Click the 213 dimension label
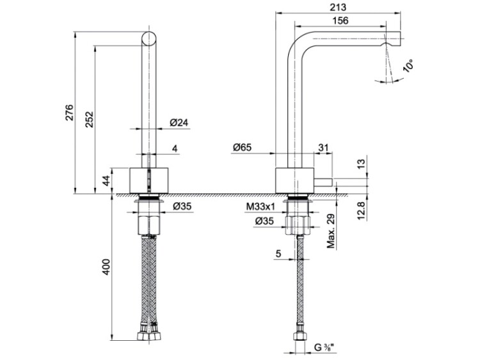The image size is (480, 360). (338, 7)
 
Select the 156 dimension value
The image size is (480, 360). (340, 20)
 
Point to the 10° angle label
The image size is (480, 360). (408, 65)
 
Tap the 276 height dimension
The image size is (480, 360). (70, 113)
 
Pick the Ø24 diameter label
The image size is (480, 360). (179, 123)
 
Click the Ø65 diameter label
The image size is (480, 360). (242, 148)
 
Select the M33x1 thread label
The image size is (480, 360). (260, 207)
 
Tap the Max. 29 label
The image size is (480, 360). (331, 231)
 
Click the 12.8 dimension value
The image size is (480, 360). (362, 210)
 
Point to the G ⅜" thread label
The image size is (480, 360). (324, 347)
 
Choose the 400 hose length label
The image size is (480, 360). (106, 267)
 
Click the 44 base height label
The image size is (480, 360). (106, 180)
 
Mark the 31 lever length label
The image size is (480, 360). (324, 148)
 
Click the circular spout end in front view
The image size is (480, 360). (149, 38)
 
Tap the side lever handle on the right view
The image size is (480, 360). (323, 182)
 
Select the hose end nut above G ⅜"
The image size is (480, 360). (299, 336)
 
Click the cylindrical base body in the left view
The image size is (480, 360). (149, 180)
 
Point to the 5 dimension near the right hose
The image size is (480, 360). (278, 254)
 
